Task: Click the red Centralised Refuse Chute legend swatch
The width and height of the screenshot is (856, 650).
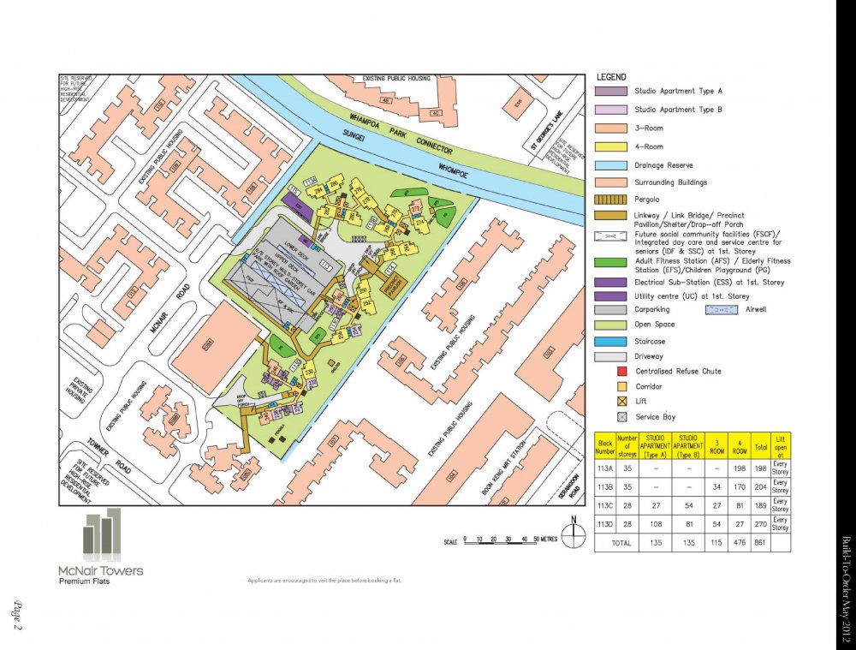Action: pyautogui.click(x=622, y=372)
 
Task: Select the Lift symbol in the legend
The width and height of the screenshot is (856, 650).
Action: pyautogui.click(x=622, y=401)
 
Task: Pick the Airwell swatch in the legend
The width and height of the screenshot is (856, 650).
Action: pyautogui.click(x=722, y=309)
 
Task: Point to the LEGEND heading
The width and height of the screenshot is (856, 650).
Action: pyautogui.click(x=610, y=77)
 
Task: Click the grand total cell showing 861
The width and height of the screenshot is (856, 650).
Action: pyautogui.click(x=758, y=543)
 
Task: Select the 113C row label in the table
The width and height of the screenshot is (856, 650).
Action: pyautogui.click(x=605, y=504)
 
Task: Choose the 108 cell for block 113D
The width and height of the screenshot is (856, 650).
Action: pyautogui.click(x=656, y=522)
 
